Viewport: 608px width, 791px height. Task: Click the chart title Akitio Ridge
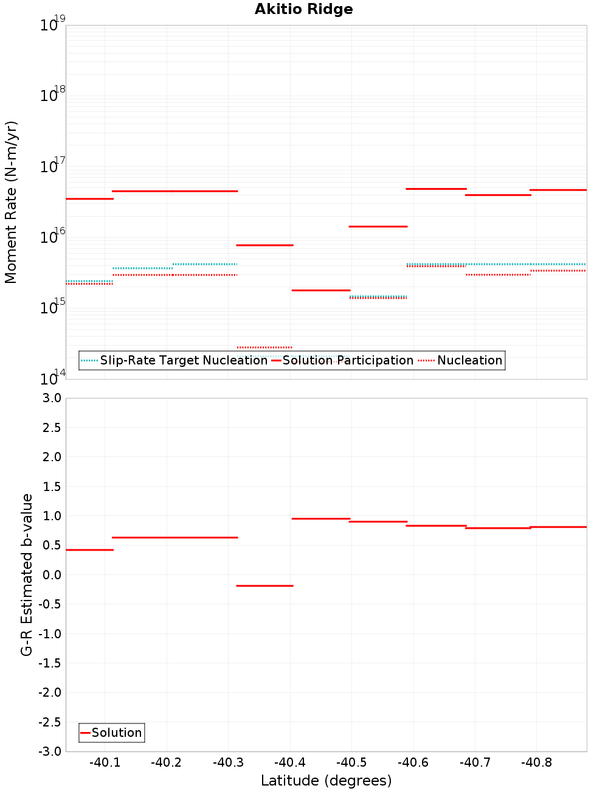point(303,9)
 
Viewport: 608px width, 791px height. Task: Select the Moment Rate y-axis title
point(11,202)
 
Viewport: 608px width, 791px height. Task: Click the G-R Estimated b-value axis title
point(27,574)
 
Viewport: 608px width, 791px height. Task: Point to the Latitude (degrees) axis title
point(326,781)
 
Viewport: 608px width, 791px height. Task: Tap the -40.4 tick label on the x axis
point(289,763)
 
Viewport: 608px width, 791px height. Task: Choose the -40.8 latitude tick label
point(536,763)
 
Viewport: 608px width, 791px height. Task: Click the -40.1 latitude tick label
point(105,763)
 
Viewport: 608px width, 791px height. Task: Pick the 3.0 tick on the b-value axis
point(51,398)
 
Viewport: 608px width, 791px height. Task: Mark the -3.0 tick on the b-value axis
point(50,751)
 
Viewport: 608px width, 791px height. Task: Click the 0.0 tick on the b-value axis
point(51,574)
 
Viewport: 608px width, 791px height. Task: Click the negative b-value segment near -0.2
point(264,586)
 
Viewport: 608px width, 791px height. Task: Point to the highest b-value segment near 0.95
point(321,518)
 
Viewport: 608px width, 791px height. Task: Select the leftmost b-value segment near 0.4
point(89,550)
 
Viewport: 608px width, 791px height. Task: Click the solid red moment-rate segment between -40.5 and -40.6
point(378,226)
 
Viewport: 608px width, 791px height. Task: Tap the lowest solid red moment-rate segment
point(321,290)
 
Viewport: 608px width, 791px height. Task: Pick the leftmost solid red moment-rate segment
point(89,199)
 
